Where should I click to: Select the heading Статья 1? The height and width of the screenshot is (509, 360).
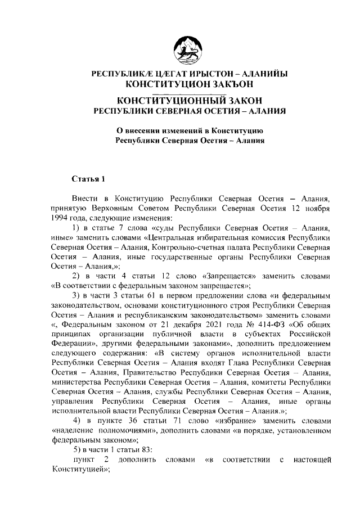coord(88,179)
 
